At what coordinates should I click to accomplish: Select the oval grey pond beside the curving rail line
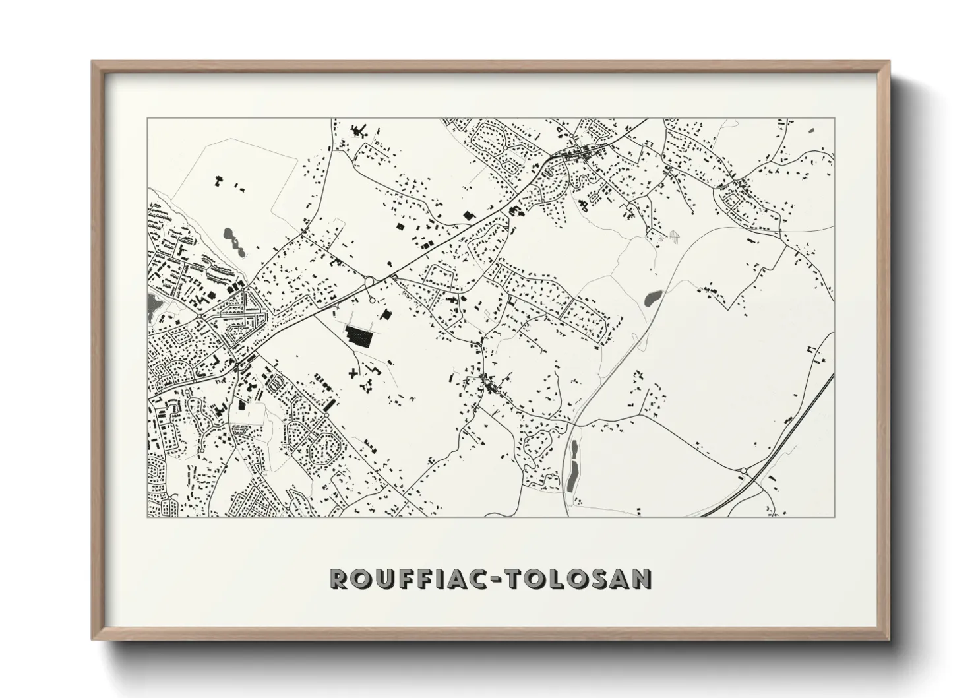coord(652,299)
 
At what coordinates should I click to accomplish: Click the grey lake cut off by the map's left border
coord(152,304)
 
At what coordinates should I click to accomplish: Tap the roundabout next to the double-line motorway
coord(744,470)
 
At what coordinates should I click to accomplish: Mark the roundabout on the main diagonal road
coord(369,282)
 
